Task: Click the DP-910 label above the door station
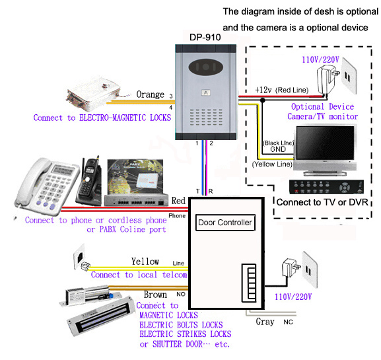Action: point(205,38)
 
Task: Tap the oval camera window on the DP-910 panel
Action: point(206,67)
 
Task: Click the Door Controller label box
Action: point(225,223)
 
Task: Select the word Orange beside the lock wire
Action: point(150,94)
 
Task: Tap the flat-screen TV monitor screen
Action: point(325,143)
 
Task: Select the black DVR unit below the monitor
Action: point(326,187)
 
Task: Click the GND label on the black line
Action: point(278,149)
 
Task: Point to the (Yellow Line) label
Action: point(272,164)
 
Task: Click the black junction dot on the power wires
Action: point(262,100)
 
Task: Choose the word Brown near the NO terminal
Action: point(155,295)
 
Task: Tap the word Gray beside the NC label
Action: point(265,322)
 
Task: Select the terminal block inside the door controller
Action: point(249,283)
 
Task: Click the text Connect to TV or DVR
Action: point(322,202)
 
